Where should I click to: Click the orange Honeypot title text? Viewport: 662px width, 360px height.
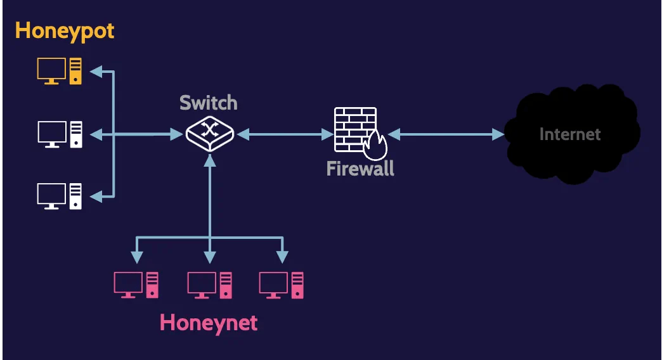coord(65,30)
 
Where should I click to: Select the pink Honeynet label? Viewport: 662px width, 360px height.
coord(209,323)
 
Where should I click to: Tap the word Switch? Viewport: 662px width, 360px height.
coord(208,102)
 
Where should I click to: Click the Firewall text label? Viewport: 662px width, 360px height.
coord(360,169)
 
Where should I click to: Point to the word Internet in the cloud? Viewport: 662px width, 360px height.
coord(569,134)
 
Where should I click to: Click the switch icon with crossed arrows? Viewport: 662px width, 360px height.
coord(210,133)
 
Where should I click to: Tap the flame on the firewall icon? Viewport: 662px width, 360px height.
coord(376,146)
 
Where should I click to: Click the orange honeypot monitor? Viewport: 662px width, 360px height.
coord(51,70)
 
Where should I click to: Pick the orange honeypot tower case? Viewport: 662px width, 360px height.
coord(76,70)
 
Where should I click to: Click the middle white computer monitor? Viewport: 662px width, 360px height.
coord(51,134)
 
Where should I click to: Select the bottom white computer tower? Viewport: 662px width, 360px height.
coord(76,196)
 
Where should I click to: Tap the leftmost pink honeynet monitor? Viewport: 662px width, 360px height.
coord(127,285)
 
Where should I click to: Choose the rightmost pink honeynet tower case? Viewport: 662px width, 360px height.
coord(297,285)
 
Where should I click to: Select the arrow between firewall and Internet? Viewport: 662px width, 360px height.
coord(446,134)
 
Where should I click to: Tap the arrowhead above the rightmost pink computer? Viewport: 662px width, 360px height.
coord(282,257)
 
